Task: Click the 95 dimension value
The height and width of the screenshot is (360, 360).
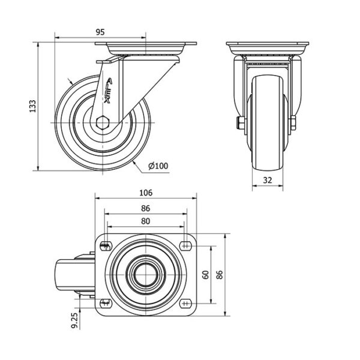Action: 100,32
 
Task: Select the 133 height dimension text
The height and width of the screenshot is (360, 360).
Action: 32,106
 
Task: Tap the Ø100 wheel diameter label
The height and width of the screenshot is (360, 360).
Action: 158,166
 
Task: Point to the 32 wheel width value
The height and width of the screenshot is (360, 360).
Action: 268,180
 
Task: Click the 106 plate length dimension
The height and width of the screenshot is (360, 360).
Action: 146,193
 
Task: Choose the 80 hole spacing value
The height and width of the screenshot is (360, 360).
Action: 146,221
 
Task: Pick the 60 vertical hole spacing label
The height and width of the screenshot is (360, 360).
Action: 206,275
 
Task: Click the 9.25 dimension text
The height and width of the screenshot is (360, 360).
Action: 75,320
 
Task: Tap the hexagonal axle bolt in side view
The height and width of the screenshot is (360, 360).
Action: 103,122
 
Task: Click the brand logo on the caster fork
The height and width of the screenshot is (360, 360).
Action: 109,91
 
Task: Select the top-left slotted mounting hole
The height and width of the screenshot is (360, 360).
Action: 106,247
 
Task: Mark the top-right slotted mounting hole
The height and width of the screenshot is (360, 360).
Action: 186,246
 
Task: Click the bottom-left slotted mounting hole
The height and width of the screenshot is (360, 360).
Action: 106,304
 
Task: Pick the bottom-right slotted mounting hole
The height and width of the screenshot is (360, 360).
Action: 186,304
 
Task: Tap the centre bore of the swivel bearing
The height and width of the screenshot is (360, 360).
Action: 146,275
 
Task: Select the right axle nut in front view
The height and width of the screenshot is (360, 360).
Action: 293,123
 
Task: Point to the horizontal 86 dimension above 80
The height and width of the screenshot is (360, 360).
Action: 146,208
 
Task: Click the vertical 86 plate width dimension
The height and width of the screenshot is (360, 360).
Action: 220,275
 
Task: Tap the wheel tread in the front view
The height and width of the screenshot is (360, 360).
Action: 268,123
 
